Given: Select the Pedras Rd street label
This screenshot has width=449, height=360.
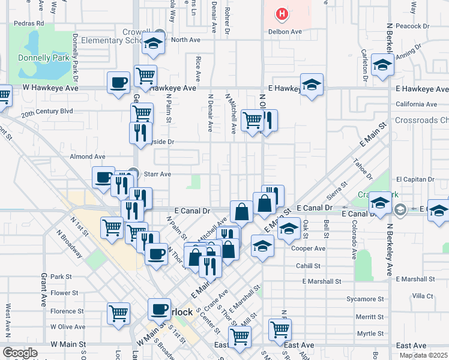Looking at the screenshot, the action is pos(31,23).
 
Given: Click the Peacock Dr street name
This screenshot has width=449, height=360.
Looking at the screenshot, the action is pos(418,26).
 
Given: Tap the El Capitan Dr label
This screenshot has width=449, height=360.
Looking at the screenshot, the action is pos(415,179).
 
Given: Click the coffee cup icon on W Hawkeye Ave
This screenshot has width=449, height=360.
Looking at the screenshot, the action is pos(118,82).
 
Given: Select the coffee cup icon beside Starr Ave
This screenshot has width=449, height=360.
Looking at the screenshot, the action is pos(103,177).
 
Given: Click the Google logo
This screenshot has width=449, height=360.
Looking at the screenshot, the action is pos(20,352).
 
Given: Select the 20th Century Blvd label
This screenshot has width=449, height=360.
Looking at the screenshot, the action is pos(47,112).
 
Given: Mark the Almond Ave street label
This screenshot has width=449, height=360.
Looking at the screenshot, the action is pos(88,157).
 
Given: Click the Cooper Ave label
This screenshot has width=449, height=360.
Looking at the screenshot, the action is pos(307,248).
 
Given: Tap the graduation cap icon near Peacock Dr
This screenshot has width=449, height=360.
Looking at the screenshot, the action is pos(382,65).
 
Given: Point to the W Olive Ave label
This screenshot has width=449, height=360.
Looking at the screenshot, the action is pos(67,327).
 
